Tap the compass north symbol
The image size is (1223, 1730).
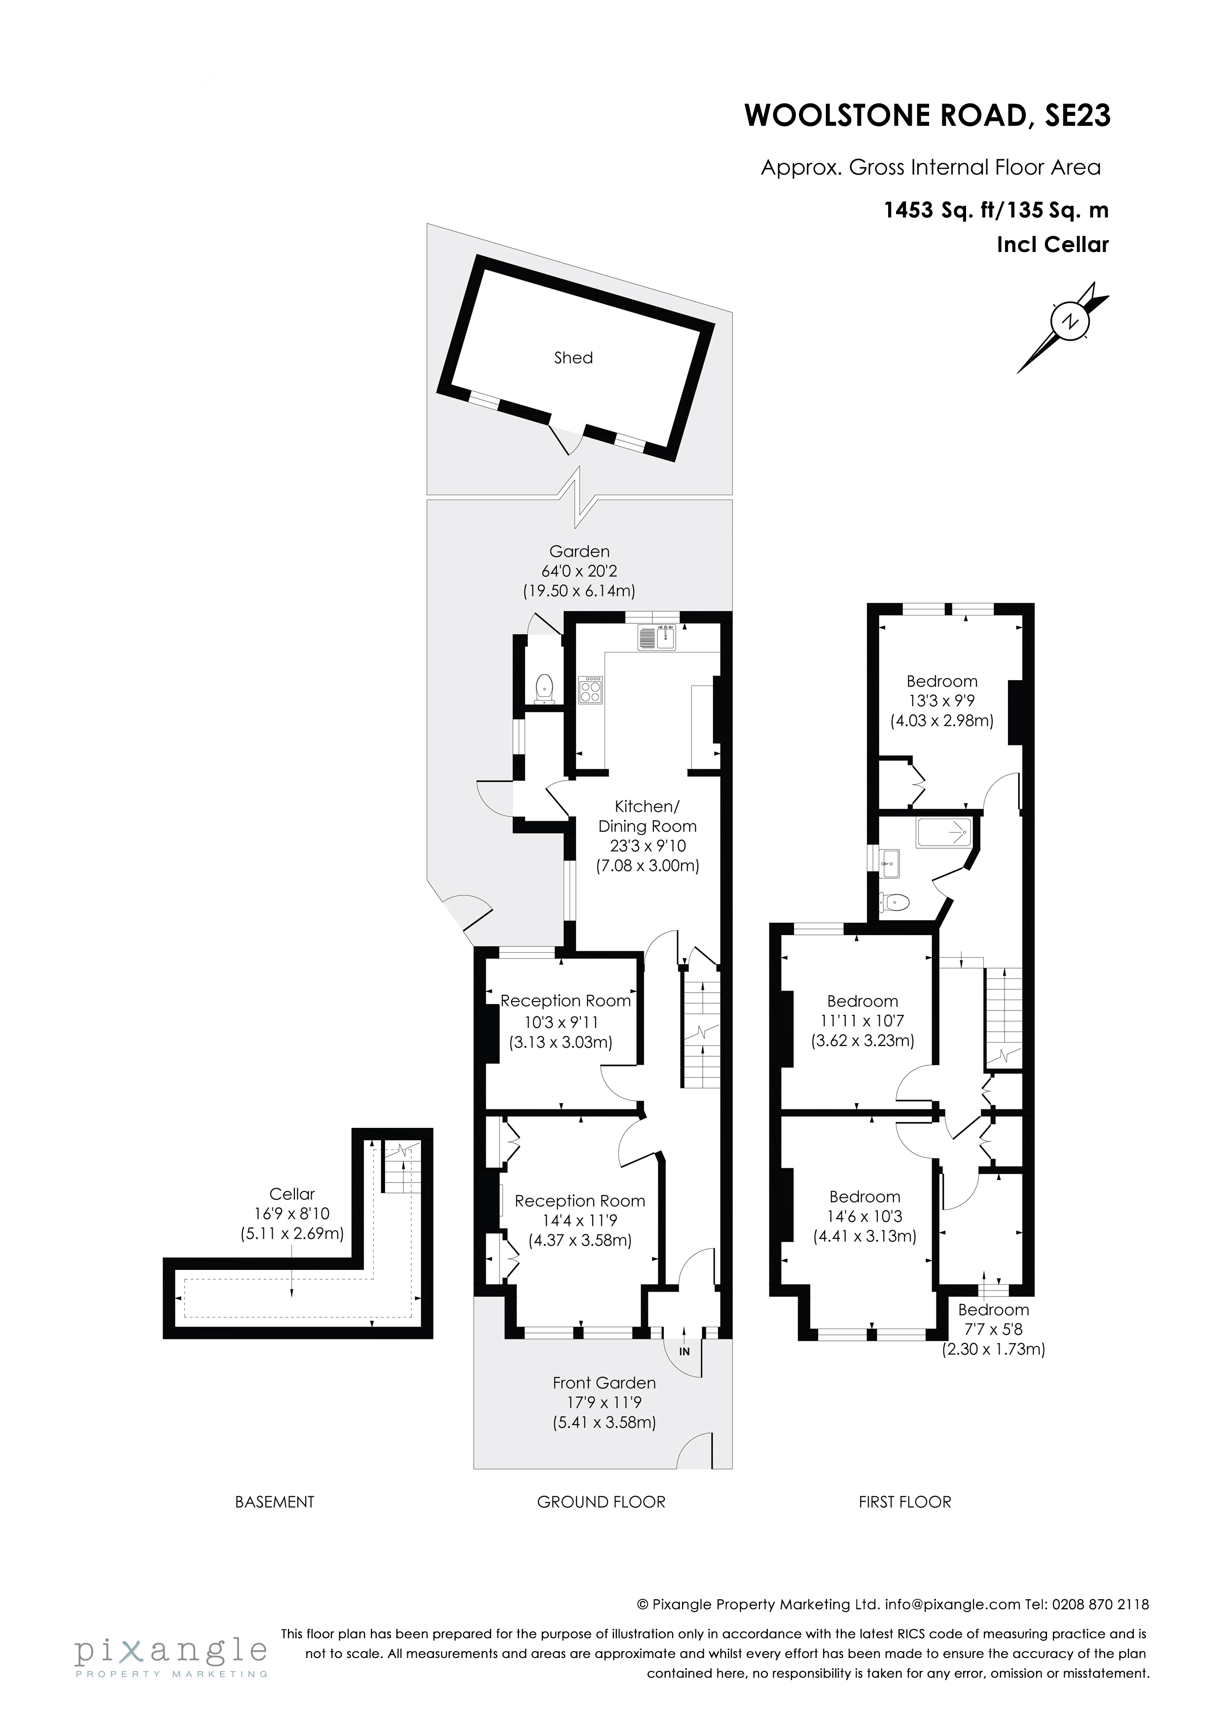(1069, 321)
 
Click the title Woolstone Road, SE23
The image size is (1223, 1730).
(927, 116)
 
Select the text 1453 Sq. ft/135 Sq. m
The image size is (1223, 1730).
(996, 210)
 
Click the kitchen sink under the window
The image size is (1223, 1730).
(658, 638)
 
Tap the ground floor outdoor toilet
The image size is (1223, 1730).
(544, 688)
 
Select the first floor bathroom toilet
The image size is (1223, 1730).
(895, 901)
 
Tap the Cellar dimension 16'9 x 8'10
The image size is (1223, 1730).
(291, 1214)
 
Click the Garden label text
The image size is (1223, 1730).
(579, 551)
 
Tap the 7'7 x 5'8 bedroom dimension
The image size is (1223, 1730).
(993, 1330)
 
